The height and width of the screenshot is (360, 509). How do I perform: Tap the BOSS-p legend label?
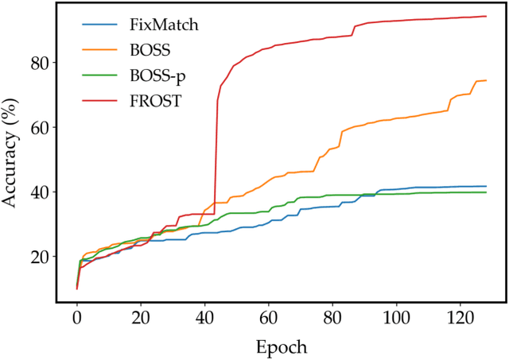coord(154,77)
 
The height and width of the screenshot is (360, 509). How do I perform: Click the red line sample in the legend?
coord(98,103)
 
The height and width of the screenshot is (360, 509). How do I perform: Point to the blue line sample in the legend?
coord(98,25)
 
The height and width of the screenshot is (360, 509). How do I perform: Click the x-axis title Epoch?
coord(281,347)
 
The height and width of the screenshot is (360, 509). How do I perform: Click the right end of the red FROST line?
coord(486,16)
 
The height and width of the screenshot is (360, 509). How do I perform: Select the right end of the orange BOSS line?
coord(486,80)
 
